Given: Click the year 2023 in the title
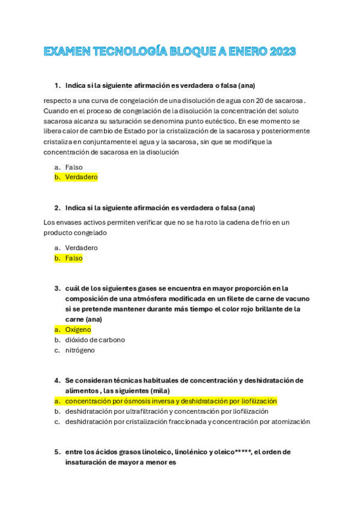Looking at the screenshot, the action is point(279,52).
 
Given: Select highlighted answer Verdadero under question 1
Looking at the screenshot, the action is point(81,177).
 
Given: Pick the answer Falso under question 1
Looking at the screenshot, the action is point(74,167).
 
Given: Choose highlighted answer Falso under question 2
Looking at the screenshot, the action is point(74,258).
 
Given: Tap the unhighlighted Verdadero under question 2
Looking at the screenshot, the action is point(81,248).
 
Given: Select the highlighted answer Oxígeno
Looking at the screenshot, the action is point(78,330).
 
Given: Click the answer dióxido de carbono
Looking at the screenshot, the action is point(95,340).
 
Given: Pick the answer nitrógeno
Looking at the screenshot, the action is point(80,350).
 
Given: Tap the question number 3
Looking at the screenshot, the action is point(56,289).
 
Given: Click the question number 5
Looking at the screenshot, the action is point(56,452).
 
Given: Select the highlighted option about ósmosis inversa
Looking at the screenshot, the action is point(171,401).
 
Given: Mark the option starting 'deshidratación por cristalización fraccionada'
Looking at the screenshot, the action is point(188,422).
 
